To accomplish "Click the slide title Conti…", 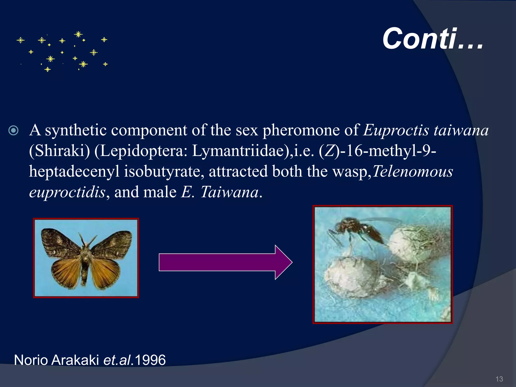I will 433,39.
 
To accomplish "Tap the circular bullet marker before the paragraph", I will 13,131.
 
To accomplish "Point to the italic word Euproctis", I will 396,131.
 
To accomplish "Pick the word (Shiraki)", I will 59,151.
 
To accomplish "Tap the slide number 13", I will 499,379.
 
